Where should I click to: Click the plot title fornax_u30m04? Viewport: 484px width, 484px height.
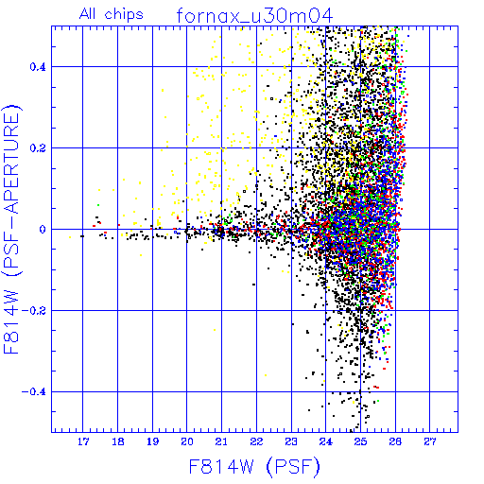254,15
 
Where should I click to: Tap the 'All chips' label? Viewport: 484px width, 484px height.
112,14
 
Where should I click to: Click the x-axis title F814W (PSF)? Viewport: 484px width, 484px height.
254,467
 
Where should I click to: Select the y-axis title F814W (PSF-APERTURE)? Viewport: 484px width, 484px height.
11,229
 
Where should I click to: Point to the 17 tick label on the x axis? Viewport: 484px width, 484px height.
83,441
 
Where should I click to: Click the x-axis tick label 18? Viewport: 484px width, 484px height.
118,441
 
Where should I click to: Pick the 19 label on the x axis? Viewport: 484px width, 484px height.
152,441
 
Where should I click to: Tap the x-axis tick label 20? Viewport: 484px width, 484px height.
187,441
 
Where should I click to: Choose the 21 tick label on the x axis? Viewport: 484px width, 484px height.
221,441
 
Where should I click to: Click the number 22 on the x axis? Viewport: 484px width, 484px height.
256,441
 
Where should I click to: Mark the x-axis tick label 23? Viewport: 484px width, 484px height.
291,441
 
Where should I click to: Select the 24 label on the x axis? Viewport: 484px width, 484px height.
326,441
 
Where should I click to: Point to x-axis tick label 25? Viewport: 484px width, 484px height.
360,441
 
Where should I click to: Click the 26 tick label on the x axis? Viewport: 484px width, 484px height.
395,441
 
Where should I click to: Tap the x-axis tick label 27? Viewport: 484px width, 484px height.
430,441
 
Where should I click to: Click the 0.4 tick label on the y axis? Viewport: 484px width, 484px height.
38,67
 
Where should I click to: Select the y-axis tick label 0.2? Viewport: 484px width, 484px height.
38,148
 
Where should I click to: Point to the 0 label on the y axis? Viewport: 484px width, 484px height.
43,230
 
